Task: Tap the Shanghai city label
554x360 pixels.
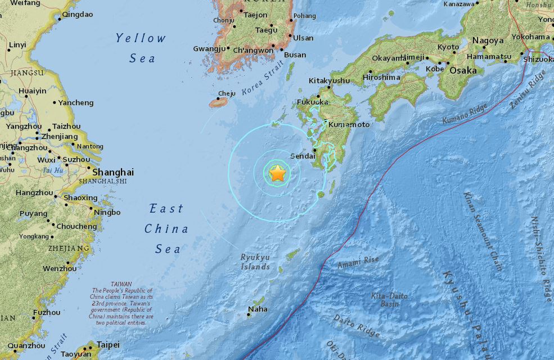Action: pos(113,172)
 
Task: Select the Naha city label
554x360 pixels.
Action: pos(258,309)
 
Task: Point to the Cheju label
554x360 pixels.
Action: pos(227,93)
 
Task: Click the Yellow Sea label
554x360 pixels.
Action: pos(141,48)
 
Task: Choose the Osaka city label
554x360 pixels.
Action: pos(463,70)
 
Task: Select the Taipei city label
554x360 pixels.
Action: pos(108,344)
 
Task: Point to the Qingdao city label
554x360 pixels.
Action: pos(77,15)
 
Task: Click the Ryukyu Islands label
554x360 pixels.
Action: pos(255,262)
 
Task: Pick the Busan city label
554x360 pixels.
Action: pos(295,55)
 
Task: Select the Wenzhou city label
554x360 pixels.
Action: pos(60,268)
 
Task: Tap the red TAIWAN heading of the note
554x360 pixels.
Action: pos(121,284)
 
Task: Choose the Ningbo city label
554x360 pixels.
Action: pos(107,212)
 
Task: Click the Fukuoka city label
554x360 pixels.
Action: pos(312,102)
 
